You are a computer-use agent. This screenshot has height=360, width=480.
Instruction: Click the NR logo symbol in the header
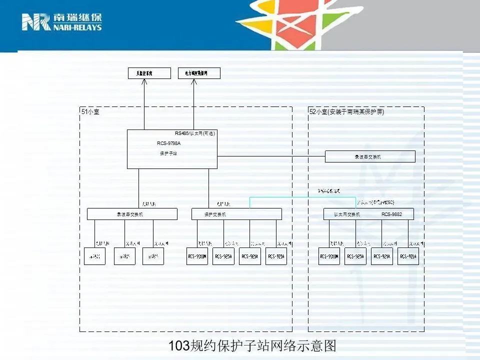click(x=36, y=22)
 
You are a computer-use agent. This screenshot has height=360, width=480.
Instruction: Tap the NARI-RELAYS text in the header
click(x=77, y=27)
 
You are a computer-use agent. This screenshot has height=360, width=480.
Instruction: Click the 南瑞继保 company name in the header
click(x=77, y=18)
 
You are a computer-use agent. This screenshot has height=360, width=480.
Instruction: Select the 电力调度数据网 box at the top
click(x=199, y=73)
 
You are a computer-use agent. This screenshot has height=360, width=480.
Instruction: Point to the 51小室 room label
click(x=90, y=112)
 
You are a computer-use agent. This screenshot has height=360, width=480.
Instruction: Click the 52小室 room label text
click(x=346, y=112)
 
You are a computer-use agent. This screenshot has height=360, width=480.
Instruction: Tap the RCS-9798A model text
click(x=168, y=143)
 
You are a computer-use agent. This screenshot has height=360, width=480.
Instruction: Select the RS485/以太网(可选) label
click(x=195, y=133)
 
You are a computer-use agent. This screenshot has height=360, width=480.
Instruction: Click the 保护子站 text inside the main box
click(x=168, y=153)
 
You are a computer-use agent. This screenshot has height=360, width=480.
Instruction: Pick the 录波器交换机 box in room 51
click(x=132, y=214)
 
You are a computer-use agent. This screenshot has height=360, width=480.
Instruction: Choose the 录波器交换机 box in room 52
click(x=370, y=156)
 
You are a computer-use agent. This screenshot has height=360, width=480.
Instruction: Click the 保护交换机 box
click(x=236, y=214)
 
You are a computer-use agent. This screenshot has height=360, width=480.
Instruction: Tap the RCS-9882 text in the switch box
click(x=391, y=214)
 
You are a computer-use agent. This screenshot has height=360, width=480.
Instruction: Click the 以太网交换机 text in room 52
click(x=347, y=214)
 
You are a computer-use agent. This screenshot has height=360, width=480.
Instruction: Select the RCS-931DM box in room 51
click(x=197, y=256)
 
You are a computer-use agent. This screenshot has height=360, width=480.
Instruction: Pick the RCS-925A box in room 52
click(x=355, y=256)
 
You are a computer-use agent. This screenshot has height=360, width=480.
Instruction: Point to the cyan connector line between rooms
click(x=302, y=197)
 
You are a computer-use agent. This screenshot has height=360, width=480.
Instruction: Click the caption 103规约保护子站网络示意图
click(x=252, y=346)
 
